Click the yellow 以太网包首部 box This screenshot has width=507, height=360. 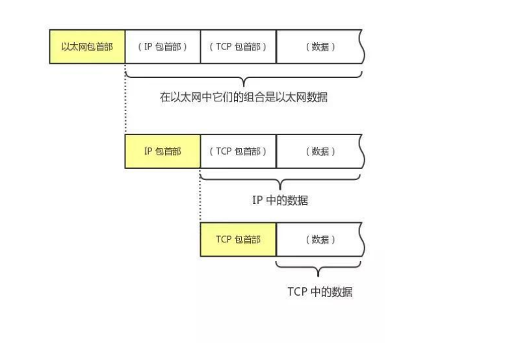point(87,47)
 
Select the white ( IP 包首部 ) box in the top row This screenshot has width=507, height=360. point(162,47)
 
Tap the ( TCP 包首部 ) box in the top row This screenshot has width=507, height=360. point(238,47)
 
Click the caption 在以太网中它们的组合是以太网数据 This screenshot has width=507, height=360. point(243,97)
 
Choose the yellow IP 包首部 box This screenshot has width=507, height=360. point(162,151)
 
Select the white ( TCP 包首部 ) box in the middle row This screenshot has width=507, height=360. point(238,151)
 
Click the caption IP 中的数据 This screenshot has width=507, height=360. point(279,200)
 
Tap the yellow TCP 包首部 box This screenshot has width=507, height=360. point(238,239)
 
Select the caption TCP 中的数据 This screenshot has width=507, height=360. point(320,292)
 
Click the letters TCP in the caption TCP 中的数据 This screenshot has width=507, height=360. point(296,292)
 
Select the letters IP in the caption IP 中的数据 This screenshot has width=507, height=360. point(257,200)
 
